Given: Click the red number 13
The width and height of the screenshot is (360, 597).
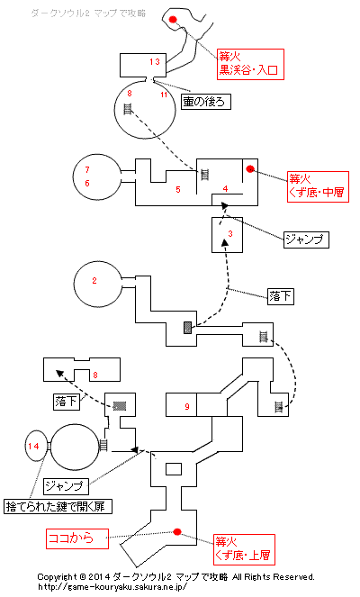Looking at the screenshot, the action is [x=155, y=61].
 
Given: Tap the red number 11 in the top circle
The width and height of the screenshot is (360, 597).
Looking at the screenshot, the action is [x=164, y=95].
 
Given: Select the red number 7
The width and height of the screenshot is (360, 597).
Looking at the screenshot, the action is [x=87, y=170].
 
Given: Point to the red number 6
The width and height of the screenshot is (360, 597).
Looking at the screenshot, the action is [x=87, y=184].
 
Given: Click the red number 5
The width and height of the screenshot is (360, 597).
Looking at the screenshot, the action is [x=177, y=190].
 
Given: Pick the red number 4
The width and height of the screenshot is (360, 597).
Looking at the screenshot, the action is [x=225, y=189].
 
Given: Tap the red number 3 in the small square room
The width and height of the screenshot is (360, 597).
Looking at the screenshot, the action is [x=230, y=234].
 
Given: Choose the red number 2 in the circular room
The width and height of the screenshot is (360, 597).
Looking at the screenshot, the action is [x=94, y=281].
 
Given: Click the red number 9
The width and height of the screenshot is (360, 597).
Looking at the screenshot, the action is [x=187, y=407].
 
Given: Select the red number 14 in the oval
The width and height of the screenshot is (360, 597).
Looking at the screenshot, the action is [x=33, y=446].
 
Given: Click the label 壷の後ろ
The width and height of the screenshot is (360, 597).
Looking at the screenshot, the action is [x=206, y=102].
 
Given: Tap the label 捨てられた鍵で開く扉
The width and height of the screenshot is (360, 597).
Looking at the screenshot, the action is [x=58, y=507].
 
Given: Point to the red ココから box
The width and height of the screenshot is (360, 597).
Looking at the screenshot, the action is [x=77, y=538].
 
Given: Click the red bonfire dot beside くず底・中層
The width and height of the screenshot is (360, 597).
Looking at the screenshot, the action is [x=250, y=168].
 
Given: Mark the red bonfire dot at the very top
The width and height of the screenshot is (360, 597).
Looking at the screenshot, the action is [x=173, y=19].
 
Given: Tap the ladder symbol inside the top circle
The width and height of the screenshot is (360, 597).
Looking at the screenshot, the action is [x=128, y=109].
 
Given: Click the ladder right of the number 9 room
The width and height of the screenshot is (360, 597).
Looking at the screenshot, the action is [x=279, y=407].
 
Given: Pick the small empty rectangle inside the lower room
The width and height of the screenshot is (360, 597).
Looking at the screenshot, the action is [x=174, y=469].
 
